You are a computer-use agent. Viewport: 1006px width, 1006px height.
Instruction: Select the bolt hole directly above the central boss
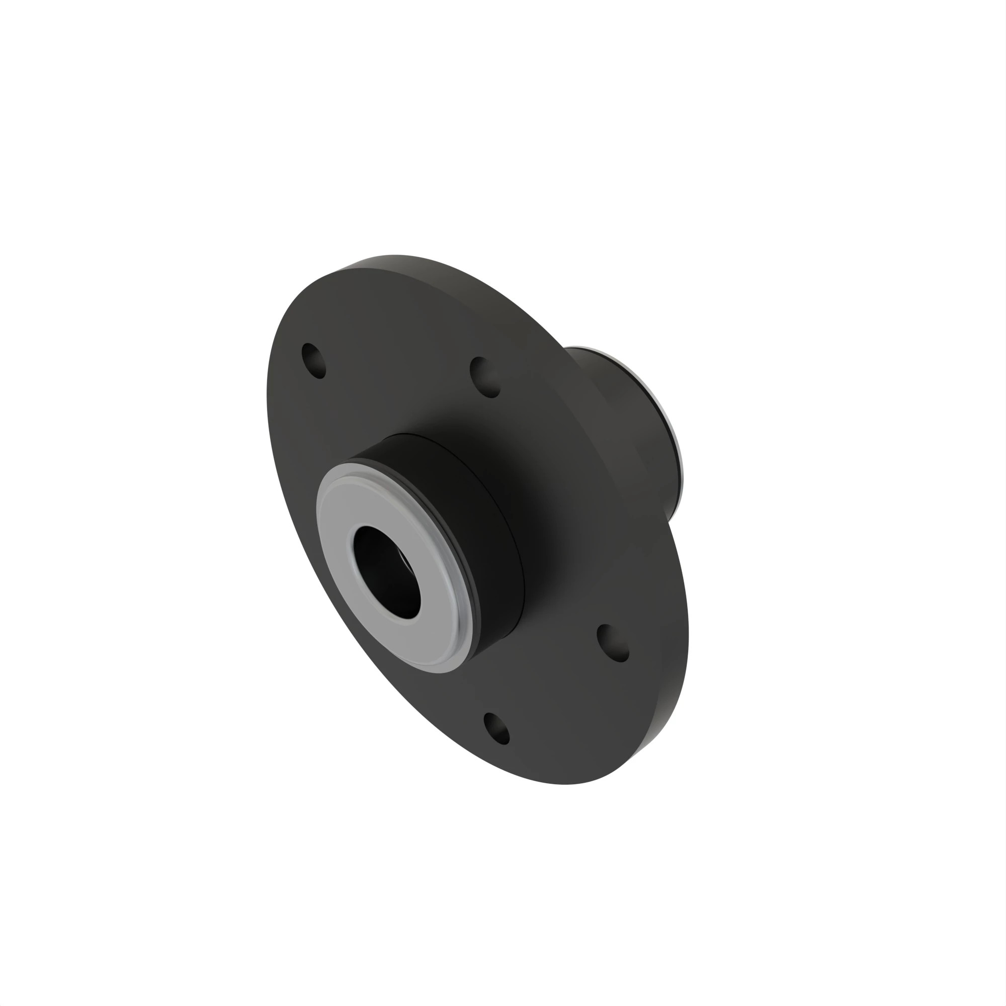(485, 377)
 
